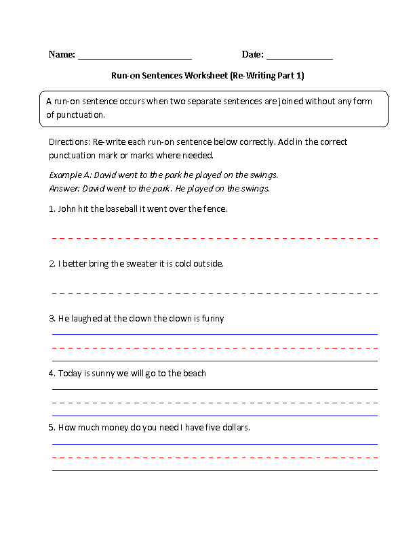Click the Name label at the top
61,55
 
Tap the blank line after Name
135,58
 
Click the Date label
252,55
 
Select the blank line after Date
299,58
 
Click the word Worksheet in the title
206,76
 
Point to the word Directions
68,143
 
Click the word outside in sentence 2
207,263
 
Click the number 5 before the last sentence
51,428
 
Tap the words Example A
67,174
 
